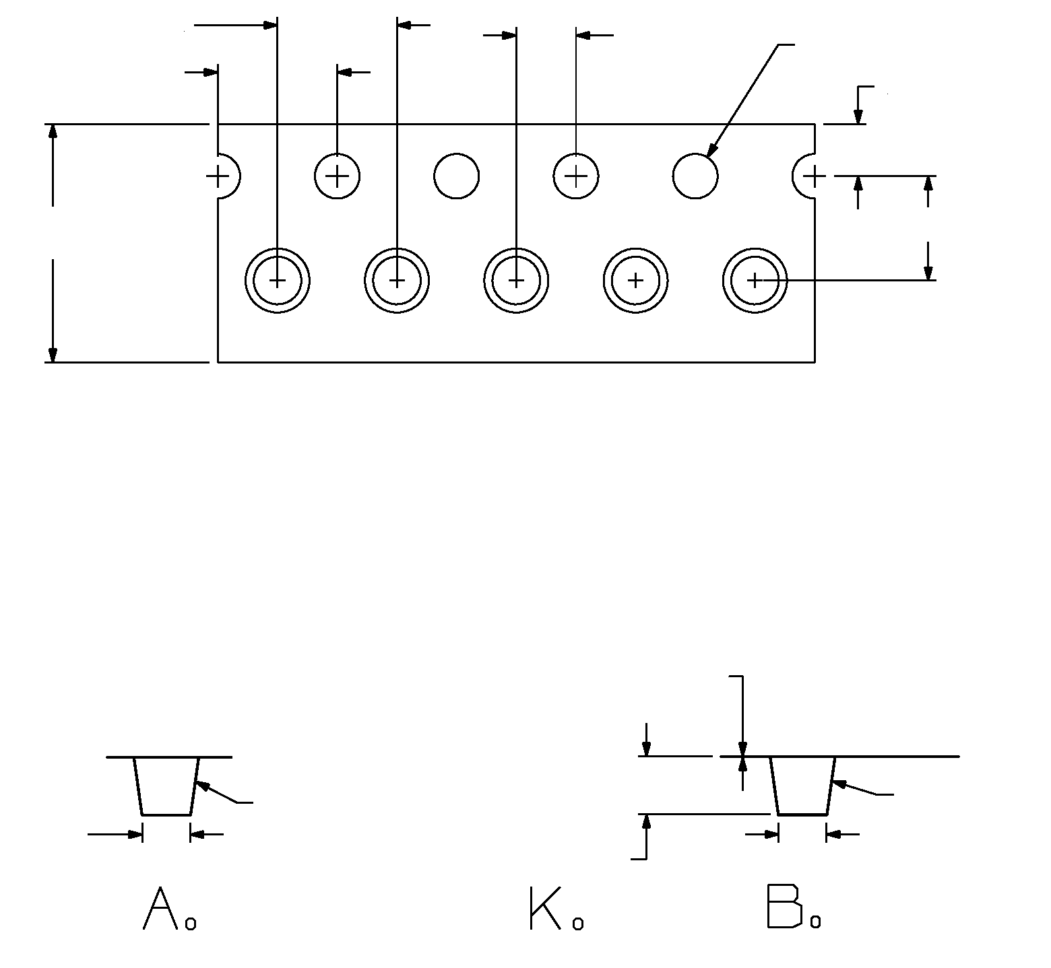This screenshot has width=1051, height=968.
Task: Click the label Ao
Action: [170, 909]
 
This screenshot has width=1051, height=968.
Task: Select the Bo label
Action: [794, 909]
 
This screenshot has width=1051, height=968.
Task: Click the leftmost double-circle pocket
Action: [277, 280]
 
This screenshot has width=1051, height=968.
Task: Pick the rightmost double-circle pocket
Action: [755, 280]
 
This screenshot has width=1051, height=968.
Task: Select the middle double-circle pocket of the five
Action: [516, 280]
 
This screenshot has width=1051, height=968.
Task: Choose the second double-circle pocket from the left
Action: [397, 280]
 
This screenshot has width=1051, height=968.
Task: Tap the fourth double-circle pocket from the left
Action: [635, 280]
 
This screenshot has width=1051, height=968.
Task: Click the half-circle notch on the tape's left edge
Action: [227, 177]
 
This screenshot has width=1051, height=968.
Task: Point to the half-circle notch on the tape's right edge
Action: [804, 177]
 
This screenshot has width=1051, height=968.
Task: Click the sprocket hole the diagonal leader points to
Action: [695, 176]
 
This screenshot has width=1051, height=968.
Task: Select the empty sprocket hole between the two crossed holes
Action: [457, 176]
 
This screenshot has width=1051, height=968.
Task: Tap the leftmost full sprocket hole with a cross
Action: [338, 176]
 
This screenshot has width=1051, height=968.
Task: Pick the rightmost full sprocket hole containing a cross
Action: [576, 176]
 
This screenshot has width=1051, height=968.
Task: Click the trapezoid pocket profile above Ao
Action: [166, 786]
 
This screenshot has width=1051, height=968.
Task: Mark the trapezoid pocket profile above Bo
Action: [802, 786]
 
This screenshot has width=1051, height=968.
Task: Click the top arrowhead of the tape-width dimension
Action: [53, 131]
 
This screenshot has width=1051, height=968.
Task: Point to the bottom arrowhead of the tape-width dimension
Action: [53, 355]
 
